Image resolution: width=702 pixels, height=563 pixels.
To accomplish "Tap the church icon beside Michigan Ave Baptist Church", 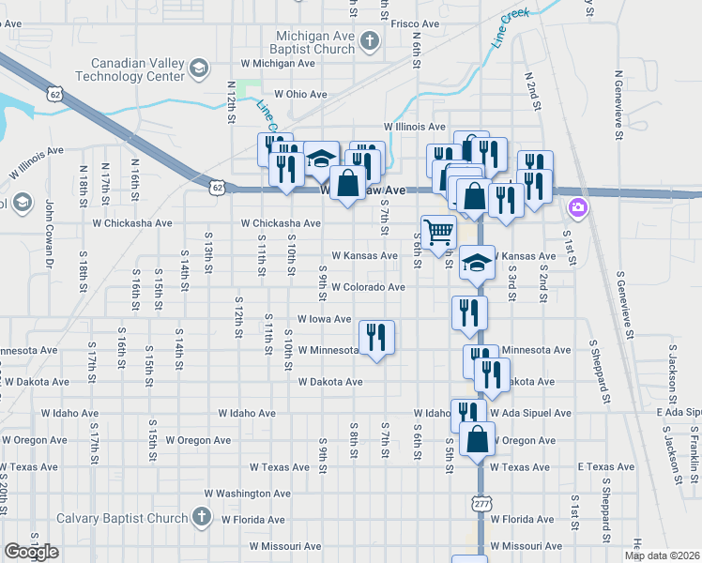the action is click(371, 40).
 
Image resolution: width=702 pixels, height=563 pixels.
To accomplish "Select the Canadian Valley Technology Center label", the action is click(137, 69).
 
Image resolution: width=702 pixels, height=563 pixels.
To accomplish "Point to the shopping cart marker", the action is click(439, 232).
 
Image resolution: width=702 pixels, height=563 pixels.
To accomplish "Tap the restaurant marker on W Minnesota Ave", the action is click(376, 337).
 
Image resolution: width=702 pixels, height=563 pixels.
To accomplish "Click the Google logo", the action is click(31, 552).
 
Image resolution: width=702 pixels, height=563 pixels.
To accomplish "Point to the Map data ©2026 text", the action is click(662, 555).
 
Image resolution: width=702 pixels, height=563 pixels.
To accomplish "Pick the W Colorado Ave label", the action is click(367, 287).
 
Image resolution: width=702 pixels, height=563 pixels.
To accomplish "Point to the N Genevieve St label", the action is click(619, 104).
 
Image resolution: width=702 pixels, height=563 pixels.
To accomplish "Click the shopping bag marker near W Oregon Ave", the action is click(478, 439).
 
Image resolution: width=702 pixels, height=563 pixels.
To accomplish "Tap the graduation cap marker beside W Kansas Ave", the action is click(477, 262).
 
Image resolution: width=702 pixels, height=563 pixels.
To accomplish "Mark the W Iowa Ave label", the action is click(324, 319).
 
